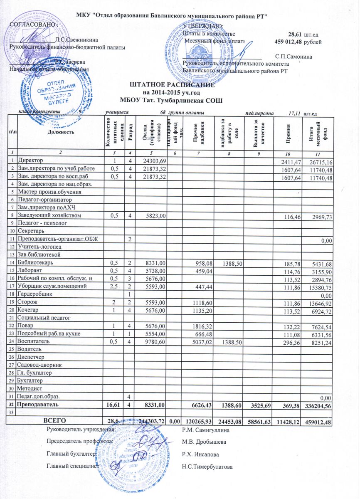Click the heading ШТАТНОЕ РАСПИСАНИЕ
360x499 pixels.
pyautogui.click(x=172, y=85)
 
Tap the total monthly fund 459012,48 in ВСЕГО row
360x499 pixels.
pyautogui.click(x=319, y=422)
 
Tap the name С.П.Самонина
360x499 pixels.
pyautogui.click(x=294, y=55)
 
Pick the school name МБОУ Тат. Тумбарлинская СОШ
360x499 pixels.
pyautogui.click(x=171, y=100)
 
